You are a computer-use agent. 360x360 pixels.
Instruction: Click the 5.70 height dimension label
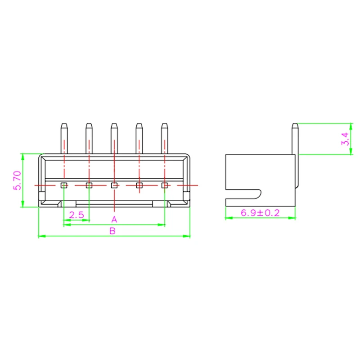coord(17,180)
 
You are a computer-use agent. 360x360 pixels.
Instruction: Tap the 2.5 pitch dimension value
coord(76,215)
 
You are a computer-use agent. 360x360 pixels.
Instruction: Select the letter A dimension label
coord(114,220)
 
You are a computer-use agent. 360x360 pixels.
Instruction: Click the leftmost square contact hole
coord(64,185)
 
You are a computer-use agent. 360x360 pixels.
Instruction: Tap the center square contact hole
coord(114,185)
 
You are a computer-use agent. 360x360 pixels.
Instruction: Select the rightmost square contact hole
coord(165,185)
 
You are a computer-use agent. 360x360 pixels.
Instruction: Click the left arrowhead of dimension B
coord(41,236)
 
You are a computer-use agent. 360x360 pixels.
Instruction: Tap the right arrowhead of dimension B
coord(188,236)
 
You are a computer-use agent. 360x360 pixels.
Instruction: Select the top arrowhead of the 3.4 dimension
coord(351,126)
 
